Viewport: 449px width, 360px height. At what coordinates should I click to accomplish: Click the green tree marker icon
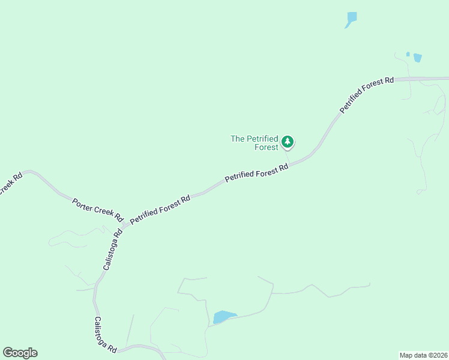click(288, 142)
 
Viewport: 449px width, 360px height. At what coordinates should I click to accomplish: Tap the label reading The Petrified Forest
click(255, 143)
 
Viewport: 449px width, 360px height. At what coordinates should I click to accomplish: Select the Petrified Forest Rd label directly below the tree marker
click(257, 173)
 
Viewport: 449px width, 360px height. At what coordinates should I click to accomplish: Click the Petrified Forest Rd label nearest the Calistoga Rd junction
click(160, 209)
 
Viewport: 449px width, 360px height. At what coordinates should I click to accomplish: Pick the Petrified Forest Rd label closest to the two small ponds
click(367, 94)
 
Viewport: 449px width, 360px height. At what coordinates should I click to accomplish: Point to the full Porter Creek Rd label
click(97, 209)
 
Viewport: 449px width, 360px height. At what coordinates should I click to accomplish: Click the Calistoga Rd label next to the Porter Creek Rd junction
click(112, 248)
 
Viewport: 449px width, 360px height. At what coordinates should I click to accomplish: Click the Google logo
click(20, 353)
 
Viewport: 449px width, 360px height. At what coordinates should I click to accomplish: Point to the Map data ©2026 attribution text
click(424, 355)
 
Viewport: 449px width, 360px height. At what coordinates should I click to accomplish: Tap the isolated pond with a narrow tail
click(351, 19)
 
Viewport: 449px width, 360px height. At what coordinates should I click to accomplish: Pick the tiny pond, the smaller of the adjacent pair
click(408, 55)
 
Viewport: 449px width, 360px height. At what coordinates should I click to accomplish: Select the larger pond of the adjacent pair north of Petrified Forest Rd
click(417, 58)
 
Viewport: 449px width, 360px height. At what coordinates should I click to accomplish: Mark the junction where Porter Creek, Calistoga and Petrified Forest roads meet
click(125, 226)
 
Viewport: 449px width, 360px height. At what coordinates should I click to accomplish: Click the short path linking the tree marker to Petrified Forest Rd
click(287, 154)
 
